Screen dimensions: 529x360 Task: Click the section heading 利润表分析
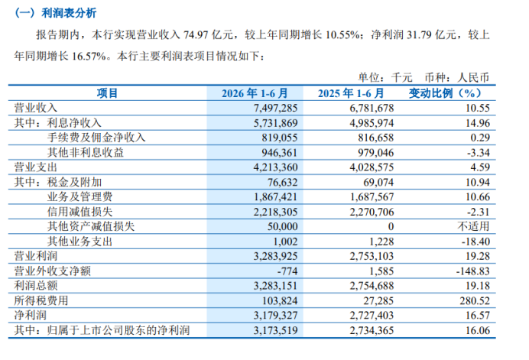coord(69,13)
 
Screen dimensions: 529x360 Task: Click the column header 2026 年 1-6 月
coord(255,93)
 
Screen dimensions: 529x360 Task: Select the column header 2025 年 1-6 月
coord(351,93)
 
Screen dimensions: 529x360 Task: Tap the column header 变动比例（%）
coord(446,93)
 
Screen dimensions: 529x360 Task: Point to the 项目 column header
coord(107,93)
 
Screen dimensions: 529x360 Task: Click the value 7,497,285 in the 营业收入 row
coord(276,108)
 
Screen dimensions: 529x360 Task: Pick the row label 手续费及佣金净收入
coord(96,138)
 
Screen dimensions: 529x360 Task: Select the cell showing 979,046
coord(376,153)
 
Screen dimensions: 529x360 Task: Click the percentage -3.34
coord(479,153)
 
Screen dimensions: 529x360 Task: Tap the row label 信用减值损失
coord(80,212)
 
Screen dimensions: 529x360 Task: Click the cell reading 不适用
coord(473,226)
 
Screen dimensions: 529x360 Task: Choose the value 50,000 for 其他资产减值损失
coord(283,226)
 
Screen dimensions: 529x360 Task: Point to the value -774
coord(287,271)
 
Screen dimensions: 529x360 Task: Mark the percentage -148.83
coord(473,271)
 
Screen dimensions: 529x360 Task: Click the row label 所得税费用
coord(41,300)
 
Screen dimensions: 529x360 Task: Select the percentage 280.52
coord(475,300)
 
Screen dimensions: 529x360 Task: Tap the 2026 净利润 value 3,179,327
coord(276,315)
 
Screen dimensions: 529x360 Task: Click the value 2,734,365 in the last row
coord(372,330)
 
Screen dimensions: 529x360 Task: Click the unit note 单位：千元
coord(385,78)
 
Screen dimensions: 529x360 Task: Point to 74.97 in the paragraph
coord(196,34)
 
